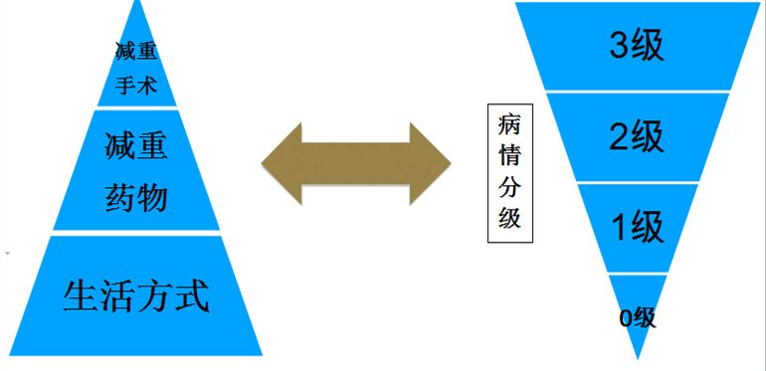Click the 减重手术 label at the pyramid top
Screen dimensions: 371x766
point(136,66)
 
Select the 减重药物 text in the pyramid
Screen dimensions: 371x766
point(136,172)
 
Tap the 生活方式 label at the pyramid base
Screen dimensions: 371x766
point(136,295)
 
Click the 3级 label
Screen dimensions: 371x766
point(636,46)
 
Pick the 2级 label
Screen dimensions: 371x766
point(636,137)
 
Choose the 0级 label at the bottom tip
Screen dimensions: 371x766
point(637,317)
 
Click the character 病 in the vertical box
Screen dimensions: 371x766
point(510,126)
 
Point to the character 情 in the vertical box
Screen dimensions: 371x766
point(510,157)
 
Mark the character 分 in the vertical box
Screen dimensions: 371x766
point(510,188)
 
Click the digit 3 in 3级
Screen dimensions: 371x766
point(619,46)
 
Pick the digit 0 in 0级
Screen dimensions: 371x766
point(626,318)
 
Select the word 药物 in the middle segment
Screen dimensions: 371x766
point(136,197)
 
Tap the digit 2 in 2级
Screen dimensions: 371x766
point(619,137)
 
